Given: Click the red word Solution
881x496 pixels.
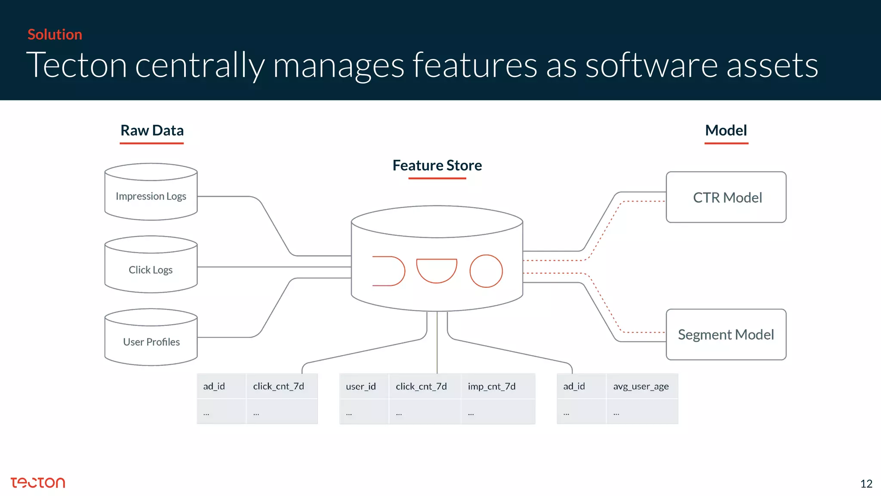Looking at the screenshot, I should [55, 34].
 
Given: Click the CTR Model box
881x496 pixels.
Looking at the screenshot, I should [726, 197].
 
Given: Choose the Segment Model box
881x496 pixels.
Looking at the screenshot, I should [726, 335].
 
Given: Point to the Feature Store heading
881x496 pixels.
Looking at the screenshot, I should [437, 165].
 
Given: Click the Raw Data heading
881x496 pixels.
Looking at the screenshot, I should [152, 130].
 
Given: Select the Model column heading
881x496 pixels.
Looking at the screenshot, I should [726, 130].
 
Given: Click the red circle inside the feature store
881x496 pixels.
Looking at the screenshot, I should [486, 271].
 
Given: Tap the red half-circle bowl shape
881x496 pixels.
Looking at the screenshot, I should [437, 270].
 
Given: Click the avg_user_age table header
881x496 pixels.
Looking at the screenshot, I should [641, 387].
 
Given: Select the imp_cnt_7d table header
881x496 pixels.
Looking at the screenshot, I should [492, 387].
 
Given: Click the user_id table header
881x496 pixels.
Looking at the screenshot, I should [361, 387].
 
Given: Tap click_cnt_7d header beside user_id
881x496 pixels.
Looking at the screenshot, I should [421, 387].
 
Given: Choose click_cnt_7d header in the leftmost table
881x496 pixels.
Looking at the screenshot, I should [278, 387].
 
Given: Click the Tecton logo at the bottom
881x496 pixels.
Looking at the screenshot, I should [38, 483].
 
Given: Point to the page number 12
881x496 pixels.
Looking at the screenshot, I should [866, 484].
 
